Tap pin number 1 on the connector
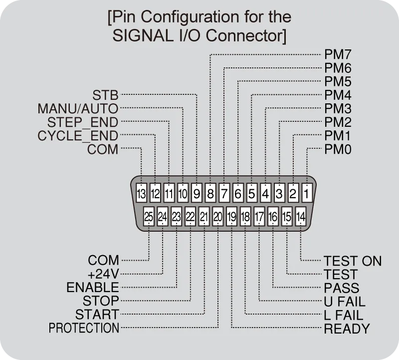[307, 192]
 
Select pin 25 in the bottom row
[149, 217]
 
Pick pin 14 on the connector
[301, 217]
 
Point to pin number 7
[224, 192]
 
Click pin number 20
[217, 217]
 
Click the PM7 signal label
[338, 54]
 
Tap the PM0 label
[338, 149]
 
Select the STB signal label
[105, 95]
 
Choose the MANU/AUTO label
[78, 108]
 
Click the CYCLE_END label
[78, 136]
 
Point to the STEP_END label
[83, 122]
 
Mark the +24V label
[103, 274]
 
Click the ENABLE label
[93, 288]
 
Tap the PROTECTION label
[84, 329]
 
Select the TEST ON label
[353, 261]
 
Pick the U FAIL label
[345, 302]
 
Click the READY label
[347, 329]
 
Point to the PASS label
[341, 288]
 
